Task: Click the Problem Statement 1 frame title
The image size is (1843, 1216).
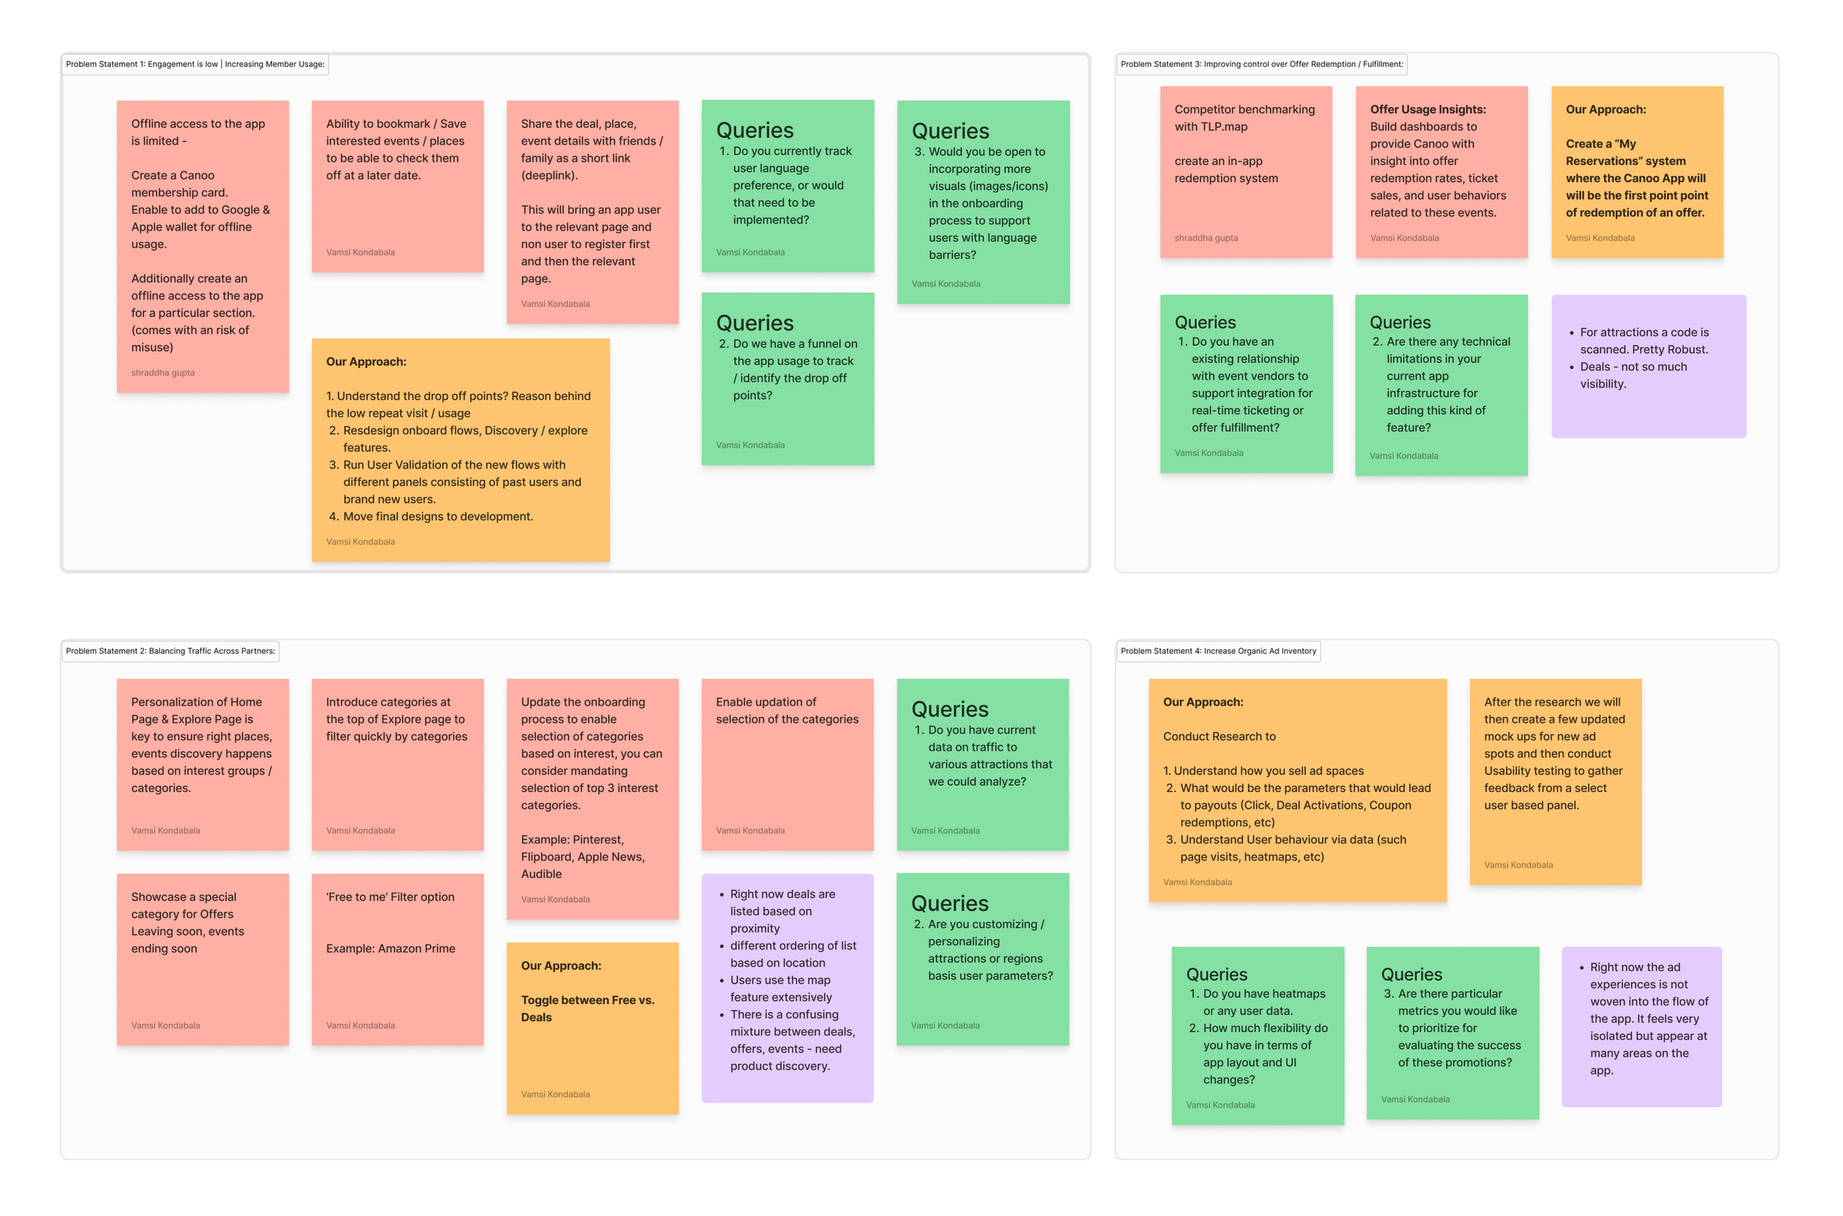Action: click(x=194, y=65)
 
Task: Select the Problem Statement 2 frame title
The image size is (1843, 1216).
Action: click(x=170, y=651)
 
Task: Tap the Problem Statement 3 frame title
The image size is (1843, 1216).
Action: click(x=1261, y=65)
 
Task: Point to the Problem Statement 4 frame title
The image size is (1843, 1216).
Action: click(x=1218, y=651)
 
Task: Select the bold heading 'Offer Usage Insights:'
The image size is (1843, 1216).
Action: click(x=1427, y=109)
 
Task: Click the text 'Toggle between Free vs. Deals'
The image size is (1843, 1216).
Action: click(x=587, y=1008)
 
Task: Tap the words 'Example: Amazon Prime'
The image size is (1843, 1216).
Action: click(x=390, y=949)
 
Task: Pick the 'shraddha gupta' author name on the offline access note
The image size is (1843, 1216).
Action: click(x=163, y=373)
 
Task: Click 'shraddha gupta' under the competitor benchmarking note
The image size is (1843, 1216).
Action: click(x=1205, y=238)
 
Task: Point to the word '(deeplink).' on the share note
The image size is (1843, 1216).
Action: click(x=549, y=175)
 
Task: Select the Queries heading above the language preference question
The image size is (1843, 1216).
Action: click(x=754, y=131)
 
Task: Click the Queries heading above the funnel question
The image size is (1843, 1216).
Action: click(x=754, y=323)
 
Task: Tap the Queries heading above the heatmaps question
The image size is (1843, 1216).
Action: click(x=1216, y=974)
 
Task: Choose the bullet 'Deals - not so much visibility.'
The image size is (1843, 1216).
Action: click(x=1632, y=376)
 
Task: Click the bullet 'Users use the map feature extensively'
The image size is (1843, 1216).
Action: click(x=780, y=989)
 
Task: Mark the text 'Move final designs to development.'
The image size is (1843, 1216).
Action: click(x=437, y=516)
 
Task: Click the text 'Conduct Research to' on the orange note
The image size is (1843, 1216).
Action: click(x=1218, y=736)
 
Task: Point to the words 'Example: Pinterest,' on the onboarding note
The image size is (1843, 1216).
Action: click(x=572, y=839)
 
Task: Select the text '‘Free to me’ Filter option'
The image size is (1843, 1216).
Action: click(x=390, y=896)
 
